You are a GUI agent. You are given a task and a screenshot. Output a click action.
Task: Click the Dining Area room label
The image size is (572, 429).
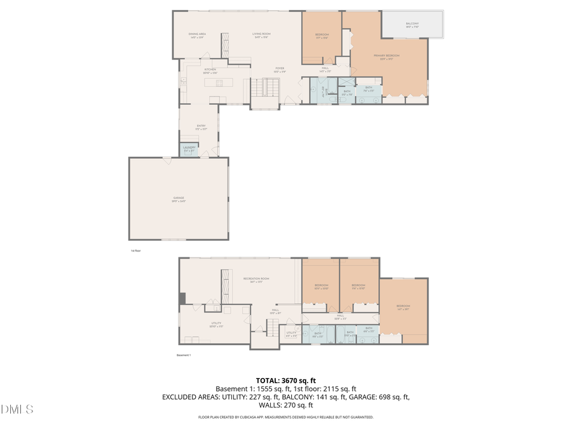197,35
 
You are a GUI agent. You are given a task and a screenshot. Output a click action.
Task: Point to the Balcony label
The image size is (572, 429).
412,25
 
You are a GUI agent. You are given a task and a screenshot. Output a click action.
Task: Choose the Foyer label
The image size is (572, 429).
279,69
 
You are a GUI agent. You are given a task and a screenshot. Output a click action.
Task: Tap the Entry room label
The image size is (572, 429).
201,127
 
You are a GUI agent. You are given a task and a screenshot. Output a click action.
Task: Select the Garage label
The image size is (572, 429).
179,199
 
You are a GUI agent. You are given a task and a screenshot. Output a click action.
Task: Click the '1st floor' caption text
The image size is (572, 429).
135,251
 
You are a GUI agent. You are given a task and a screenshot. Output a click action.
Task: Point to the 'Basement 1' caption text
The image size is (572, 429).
184,355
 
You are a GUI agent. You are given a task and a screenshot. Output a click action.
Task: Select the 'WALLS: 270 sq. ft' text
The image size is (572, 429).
286,405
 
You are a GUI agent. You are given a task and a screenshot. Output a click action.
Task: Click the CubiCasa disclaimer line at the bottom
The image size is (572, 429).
286,418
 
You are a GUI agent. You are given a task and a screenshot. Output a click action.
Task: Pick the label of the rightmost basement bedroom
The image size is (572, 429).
403,308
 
